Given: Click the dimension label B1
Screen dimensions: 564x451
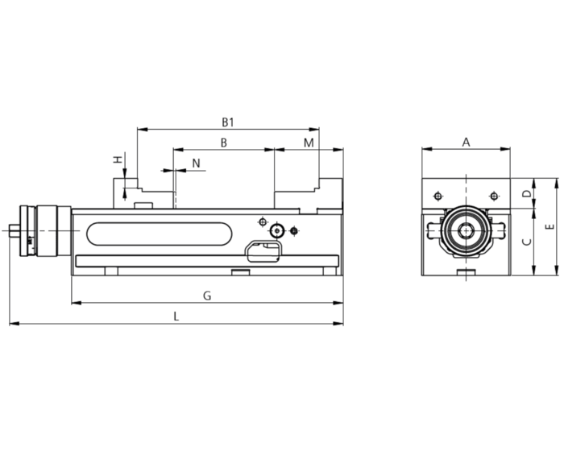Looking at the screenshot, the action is [x=228, y=122].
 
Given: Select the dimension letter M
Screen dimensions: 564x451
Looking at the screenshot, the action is [x=309, y=143].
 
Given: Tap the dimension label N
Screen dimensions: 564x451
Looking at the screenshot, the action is [x=196, y=163].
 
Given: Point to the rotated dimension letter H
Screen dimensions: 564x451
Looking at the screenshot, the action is [x=118, y=159].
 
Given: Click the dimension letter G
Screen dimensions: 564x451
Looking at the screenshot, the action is [x=207, y=296].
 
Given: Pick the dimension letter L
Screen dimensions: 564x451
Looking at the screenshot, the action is [x=176, y=317].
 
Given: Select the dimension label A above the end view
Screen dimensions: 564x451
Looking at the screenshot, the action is [x=466, y=143].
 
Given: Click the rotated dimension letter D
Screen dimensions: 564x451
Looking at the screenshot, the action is [x=527, y=193].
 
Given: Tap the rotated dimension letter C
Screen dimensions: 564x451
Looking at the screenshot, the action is [x=527, y=242].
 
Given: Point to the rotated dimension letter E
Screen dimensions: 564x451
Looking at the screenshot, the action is [x=549, y=227].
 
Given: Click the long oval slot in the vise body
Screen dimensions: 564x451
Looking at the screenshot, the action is [x=160, y=234].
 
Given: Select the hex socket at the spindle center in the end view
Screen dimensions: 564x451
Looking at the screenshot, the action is [x=467, y=230].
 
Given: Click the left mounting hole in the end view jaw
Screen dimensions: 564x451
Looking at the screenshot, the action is [x=438, y=196].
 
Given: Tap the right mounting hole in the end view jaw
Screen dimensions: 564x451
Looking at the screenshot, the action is [x=494, y=196].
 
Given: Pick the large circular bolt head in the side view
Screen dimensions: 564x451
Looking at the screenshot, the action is [x=276, y=230].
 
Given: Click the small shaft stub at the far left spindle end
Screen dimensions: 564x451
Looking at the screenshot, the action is [x=15, y=230].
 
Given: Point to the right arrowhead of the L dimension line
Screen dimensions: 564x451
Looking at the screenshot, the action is [x=338, y=324].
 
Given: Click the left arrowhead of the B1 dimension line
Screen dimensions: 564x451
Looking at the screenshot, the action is [x=143, y=129].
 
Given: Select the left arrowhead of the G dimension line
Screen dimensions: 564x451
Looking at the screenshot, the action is [x=77, y=303].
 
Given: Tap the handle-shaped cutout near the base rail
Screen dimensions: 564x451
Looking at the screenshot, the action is [x=263, y=251].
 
